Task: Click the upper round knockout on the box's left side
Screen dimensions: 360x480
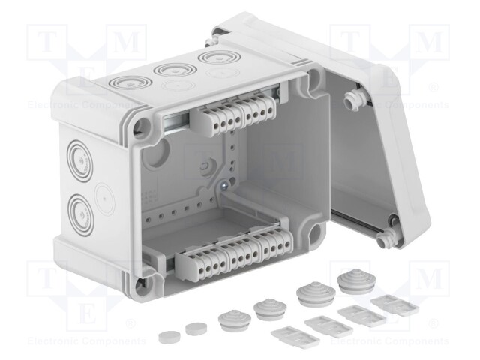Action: [x=78, y=158]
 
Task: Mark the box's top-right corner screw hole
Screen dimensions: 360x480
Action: [x=307, y=79]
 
